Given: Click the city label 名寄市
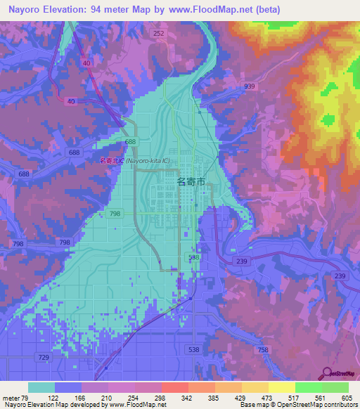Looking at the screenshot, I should [191, 181].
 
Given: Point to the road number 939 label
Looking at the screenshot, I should [250, 86].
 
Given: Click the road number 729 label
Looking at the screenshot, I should [44, 358].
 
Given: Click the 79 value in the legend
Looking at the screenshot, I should [27, 397].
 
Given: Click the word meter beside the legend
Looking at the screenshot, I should [11, 397].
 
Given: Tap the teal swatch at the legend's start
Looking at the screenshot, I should [41, 387].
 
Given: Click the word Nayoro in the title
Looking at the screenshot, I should [23, 9].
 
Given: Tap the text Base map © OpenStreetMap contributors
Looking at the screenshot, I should [294, 405].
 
